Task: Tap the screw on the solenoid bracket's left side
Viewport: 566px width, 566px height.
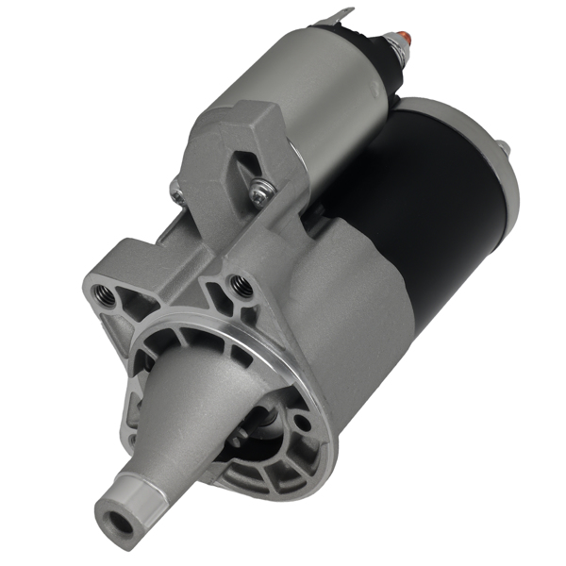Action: point(177,193)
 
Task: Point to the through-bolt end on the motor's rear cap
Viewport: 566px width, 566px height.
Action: point(503,148)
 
